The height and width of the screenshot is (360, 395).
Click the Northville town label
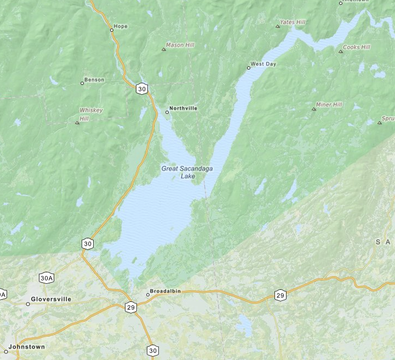pos(184,108)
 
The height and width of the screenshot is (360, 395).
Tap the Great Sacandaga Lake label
pos(187,172)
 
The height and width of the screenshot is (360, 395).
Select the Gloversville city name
pos(51,299)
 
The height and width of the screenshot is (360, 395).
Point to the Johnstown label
pos(27,347)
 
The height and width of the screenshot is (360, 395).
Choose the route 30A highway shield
pos(47,278)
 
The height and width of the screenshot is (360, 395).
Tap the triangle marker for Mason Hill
pos(163,50)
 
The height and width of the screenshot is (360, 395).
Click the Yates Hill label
pos(293,22)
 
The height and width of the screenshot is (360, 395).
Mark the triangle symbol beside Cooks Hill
pos(341,51)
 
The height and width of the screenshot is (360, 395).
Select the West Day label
pos(264,64)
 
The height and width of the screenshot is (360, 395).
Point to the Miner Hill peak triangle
pos(314,109)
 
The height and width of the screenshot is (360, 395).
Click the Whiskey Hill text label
pos(91,114)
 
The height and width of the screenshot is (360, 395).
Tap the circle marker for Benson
pos(82,83)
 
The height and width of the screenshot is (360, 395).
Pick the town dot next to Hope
pos(112,30)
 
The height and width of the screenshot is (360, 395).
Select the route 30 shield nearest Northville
pos(142,89)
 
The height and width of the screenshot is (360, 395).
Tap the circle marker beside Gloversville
pos(28,304)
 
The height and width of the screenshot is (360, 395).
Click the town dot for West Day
pos(248,68)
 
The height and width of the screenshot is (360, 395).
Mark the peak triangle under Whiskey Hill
pos(77,123)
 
